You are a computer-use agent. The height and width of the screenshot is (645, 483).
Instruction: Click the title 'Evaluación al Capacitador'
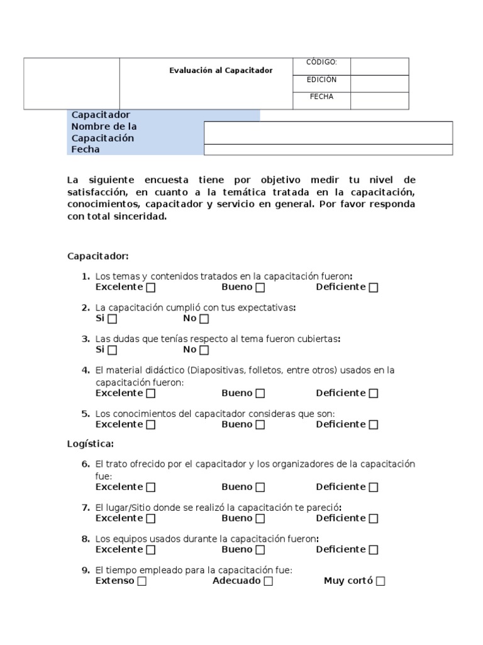[x=221, y=71]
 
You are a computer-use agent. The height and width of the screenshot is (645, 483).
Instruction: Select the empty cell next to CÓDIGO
[x=379, y=66]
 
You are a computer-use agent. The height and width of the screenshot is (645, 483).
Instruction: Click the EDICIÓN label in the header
[x=321, y=80]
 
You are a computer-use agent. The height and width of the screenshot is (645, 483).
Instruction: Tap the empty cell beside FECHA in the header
[x=379, y=101]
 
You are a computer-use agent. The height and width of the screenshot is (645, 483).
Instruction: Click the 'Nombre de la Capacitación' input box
[x=328, y=133]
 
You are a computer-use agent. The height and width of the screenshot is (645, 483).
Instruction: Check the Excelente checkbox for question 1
[x=151, y=288]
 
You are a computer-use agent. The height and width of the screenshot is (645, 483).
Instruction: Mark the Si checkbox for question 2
[x=112, y=319]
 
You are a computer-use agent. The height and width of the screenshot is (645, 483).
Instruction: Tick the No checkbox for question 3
[x=204, y=350]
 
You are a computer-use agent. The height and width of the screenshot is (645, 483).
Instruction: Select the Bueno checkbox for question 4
[x=260, y=394]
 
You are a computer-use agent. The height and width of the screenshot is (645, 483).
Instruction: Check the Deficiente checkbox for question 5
[x=374, y=425]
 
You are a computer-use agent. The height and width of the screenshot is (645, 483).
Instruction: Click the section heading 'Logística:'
[x=91, y=444]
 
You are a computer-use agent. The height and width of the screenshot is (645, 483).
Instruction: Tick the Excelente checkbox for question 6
[x=151, y=488]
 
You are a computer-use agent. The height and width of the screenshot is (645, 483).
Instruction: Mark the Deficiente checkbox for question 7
[x=374, y=519]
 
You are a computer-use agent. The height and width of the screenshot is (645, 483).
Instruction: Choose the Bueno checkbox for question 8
[x=260, y=550]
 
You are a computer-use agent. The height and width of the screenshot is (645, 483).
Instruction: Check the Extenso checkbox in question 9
[x=142, y=581]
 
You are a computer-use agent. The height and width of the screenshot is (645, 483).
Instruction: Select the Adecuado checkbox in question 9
[x=269, y=581]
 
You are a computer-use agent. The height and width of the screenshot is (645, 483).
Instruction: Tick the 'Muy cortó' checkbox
[x=380, y=581]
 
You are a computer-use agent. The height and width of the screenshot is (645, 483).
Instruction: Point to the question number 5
[x=86, y=414]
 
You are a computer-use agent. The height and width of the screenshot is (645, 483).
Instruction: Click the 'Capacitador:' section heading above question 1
[x=97, y=256]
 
